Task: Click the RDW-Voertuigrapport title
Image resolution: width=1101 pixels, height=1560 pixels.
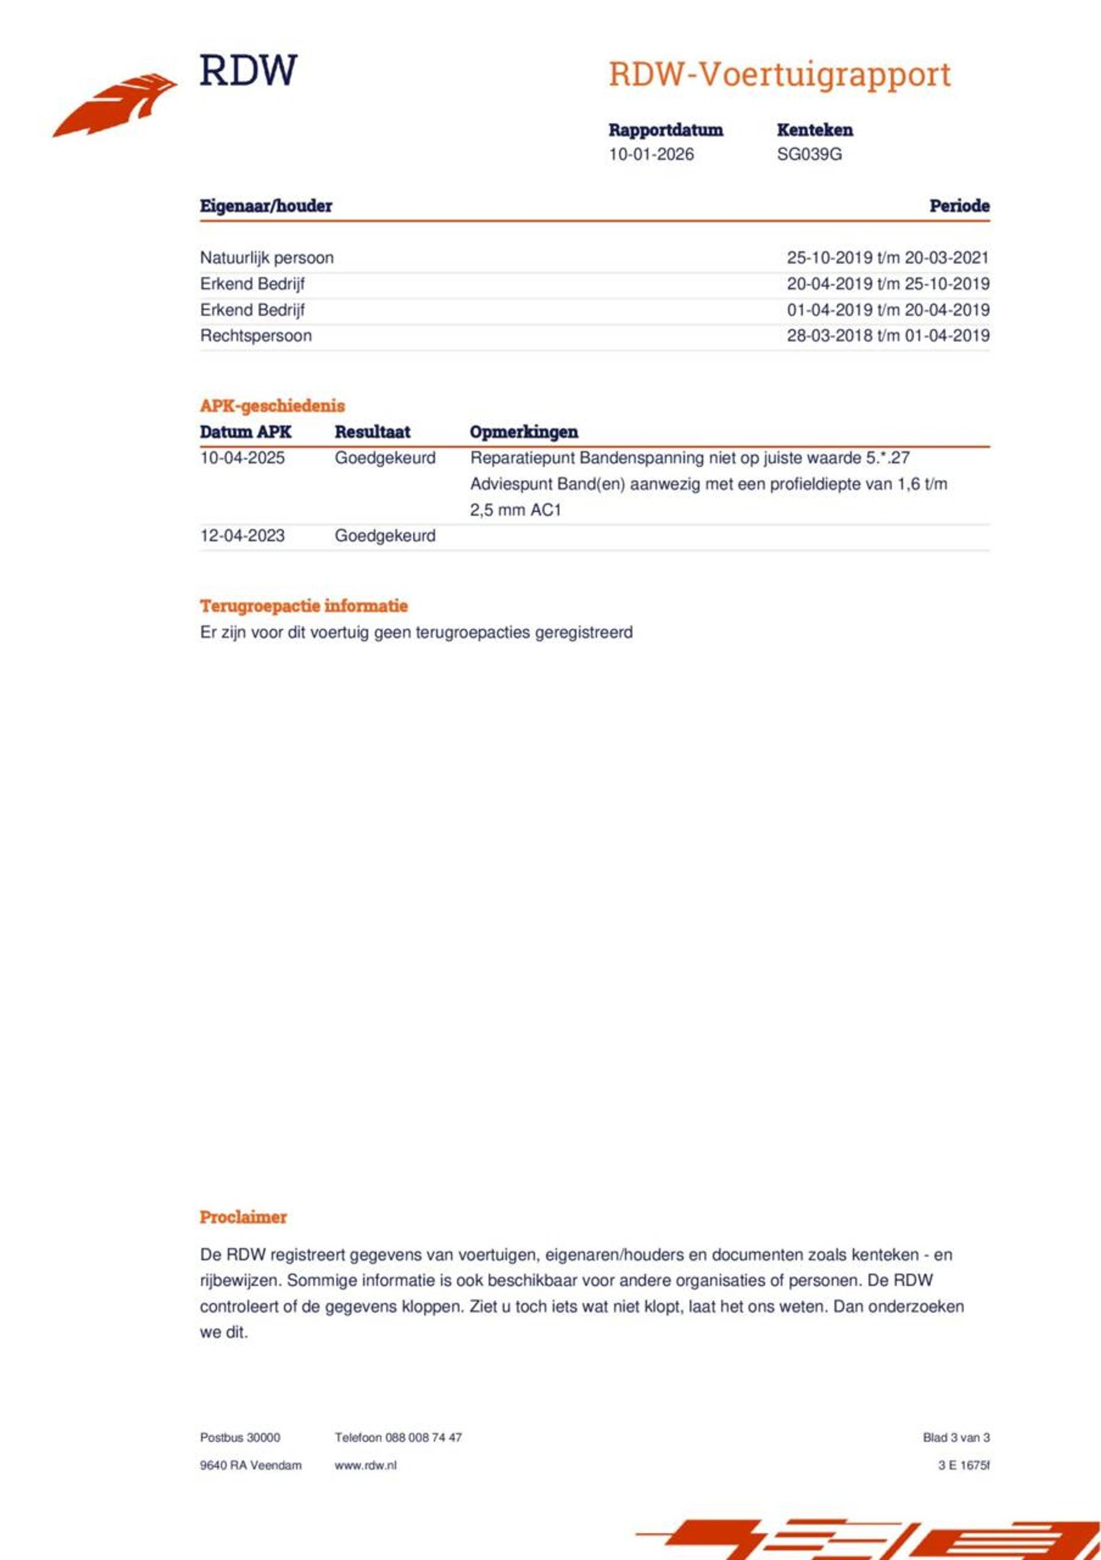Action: click(779, 74)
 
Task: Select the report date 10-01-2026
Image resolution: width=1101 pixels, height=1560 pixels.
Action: click(651, 154)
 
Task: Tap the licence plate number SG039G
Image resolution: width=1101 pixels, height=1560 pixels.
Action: click(809, 154)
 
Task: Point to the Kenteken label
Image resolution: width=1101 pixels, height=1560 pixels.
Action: click(814, 130)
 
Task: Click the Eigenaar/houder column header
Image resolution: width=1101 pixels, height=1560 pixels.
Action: click(266, 206)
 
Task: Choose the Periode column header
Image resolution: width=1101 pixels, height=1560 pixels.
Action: click(958, 206)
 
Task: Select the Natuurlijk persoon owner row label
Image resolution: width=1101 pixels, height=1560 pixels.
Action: click(266, 258)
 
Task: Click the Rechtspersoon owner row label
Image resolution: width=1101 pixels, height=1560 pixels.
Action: click(255, 336)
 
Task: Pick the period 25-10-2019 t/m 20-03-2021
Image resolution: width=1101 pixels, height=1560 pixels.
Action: click(887, 258)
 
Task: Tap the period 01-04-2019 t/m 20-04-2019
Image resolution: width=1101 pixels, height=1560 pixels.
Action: click(887, 310)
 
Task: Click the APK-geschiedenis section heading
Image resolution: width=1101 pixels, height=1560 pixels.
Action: click(272, 406)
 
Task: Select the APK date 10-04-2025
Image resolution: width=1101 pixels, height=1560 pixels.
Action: click(242, 458)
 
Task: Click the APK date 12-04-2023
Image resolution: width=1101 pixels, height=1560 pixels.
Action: click(242, 535)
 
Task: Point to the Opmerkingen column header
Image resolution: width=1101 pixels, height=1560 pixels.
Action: click(523, 432)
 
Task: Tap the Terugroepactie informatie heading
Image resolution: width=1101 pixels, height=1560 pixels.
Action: click(303, 605)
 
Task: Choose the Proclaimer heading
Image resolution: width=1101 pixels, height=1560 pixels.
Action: click(243, 1217)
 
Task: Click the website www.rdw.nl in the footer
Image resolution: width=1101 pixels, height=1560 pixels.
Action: click(365, 1465)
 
